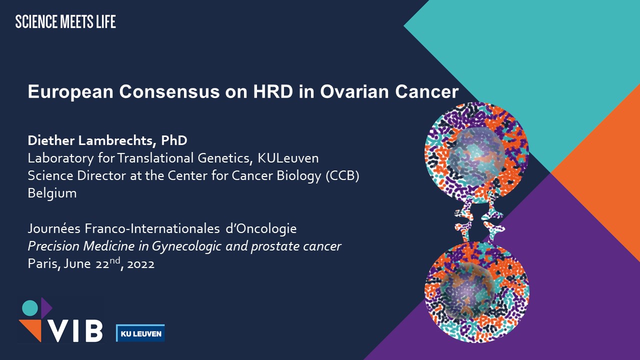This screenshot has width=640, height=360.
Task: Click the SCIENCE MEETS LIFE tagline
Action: tap(65, 21)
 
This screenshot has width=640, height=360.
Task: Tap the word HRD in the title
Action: tap(273, 91)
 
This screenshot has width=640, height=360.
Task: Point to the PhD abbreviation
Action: tap(174, 140)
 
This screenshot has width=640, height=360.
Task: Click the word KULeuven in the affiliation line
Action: tap(288, 158)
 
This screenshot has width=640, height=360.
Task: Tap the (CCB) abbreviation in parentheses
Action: tap(342, 175)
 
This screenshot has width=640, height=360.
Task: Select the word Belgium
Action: tap(52, 193)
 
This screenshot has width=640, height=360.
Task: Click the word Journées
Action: tap(54, 228)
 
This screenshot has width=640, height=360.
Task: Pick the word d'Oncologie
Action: tap(261, 228)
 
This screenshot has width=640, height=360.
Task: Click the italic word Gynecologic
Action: tap(186, 246)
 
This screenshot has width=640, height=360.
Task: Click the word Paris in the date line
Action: tap(43, 263)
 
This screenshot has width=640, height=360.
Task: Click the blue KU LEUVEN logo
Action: tap(140, 333)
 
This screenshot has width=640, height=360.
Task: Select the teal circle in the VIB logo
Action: tap(30, 308)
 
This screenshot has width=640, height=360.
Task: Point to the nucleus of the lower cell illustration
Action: tap(466, 290)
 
